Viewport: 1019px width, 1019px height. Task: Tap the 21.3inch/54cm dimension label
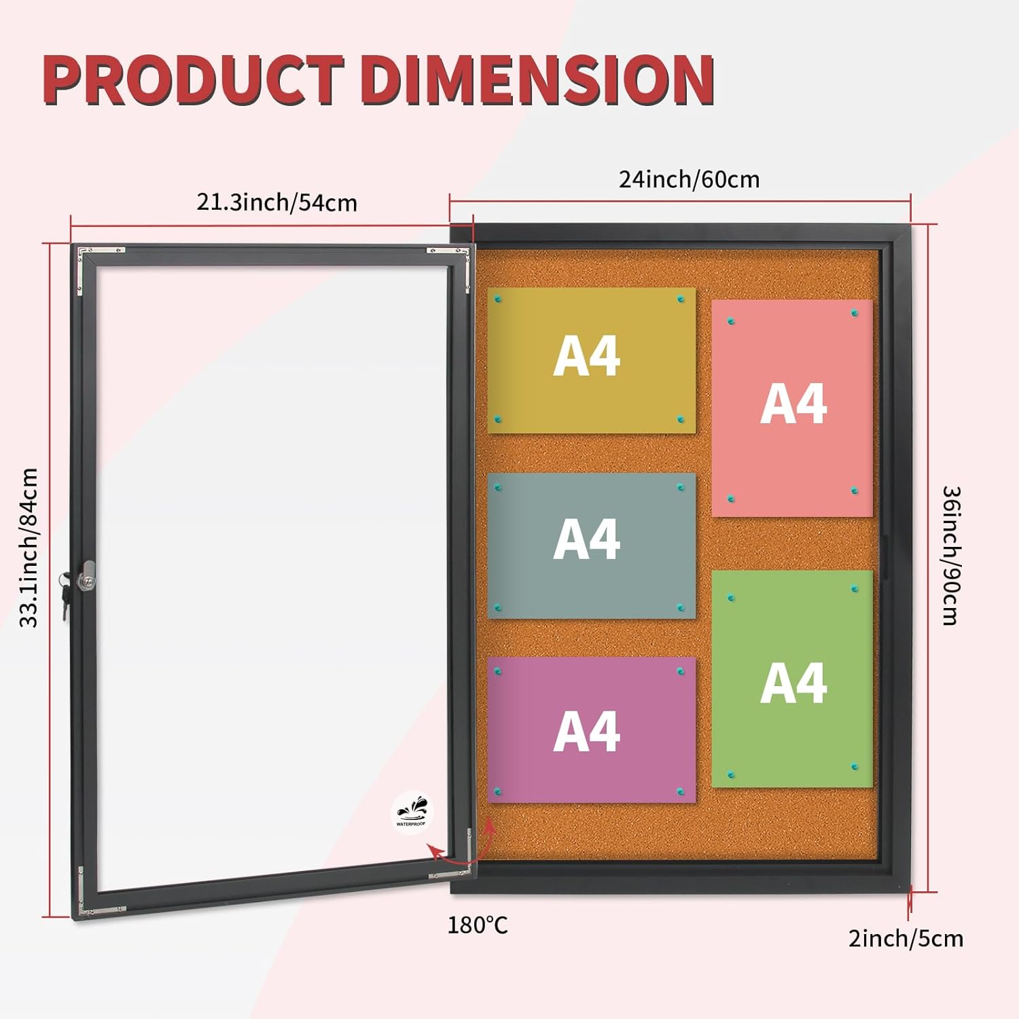(276, 202)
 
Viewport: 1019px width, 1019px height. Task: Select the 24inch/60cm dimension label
(689, 179)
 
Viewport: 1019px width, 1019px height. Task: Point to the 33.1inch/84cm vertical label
(29, 548)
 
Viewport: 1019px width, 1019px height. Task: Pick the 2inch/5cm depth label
(906, 938)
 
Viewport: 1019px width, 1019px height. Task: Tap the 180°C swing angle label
(477, 925)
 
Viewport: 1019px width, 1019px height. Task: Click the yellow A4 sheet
(591, 360)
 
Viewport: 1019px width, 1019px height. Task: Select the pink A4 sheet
(792, 408)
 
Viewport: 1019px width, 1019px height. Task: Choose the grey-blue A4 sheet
(591, 545)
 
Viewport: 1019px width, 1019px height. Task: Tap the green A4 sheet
(792, 679)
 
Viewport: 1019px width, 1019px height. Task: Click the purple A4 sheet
(591, 730)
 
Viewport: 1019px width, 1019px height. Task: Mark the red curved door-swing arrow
(462, 853)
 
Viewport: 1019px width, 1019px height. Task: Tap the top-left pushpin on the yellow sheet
(498, 299)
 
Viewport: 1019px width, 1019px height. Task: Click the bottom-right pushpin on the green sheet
(855, 766)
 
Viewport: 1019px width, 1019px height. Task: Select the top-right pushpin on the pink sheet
(855, 313)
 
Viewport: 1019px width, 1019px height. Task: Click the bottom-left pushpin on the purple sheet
(498, 791)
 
